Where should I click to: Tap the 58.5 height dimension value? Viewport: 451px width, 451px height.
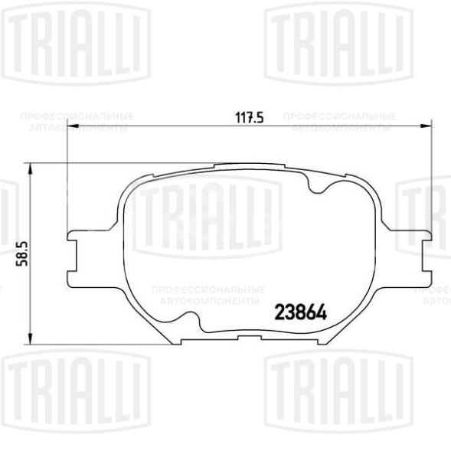click(21, 253)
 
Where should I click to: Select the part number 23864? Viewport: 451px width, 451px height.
click(301, 313)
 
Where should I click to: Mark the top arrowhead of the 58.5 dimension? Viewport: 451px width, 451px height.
click(30, 166)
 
